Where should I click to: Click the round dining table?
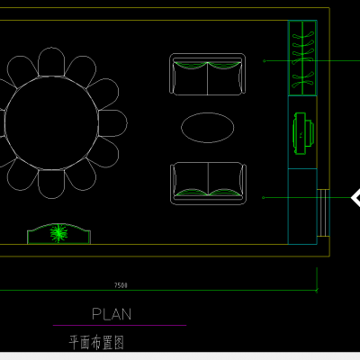(51, 123)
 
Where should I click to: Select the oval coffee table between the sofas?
(208, 128)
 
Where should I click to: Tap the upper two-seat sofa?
(207, 75)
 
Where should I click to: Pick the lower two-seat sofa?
(208, 184)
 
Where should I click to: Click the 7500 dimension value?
(121, 285)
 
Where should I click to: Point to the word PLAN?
(112, 314)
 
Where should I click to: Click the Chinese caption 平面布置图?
(96, 343)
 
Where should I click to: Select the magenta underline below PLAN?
(120, 325)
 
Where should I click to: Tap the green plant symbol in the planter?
(58, 233)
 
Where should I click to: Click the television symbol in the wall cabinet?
(303, 133)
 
